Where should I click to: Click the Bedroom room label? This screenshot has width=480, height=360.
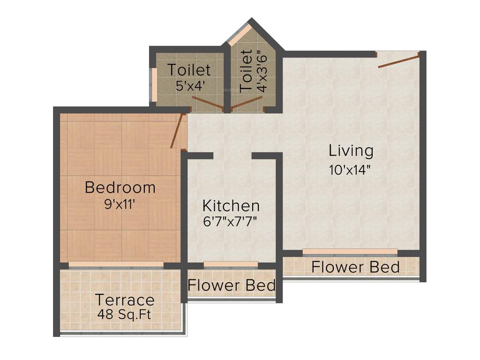click(x=120, y=187)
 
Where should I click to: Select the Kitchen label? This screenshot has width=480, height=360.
click(x=231, y=205)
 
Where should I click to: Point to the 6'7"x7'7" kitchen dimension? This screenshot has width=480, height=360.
click(x=231, y=221)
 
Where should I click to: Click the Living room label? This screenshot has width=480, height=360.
click(x=351, y=151)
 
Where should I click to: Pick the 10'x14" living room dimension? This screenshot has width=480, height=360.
click(x=351, y=169)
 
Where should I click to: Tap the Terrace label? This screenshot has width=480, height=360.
click(x=125, y=300)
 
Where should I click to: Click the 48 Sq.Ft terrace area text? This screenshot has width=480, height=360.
click(x=125, y=314)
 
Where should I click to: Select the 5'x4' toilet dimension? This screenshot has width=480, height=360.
click(x=189, y=86)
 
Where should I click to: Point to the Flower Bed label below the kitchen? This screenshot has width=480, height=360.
click(x=232, y=285)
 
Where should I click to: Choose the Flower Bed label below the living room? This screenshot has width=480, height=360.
click(x=355, y=267)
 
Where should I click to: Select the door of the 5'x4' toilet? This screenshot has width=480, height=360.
click(x=207, y=103)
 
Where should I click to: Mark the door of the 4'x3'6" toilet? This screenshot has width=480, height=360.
click(x=247, y=105)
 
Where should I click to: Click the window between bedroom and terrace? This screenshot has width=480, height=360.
click(x=116, y=265)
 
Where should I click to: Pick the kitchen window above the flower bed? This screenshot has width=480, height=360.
click(x=231, y=264)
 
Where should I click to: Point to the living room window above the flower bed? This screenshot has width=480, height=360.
click(x=350, y=252)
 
